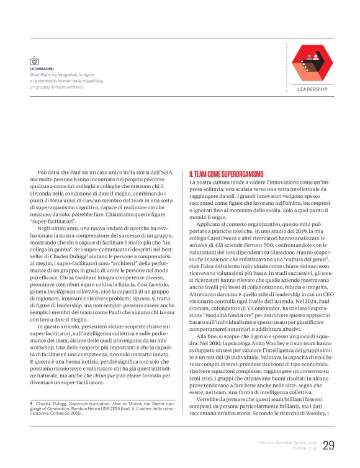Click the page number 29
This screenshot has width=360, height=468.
coord(328,446)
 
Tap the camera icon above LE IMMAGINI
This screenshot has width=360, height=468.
coord(34,60)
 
